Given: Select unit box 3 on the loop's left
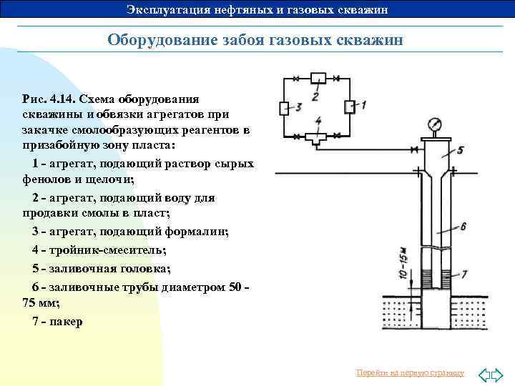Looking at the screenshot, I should [x=283, y=108].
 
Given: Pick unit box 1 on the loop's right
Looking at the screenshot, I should [x=349, y=107].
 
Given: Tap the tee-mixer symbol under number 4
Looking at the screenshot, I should [x=315, y=137].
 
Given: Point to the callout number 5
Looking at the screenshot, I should [x=460, y=150].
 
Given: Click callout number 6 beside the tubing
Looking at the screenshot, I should [x=463, y=227].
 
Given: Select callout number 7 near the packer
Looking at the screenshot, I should [x=464, y=274].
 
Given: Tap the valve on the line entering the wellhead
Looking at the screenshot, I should [x=416, y=150].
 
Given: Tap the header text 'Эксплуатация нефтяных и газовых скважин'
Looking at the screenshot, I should [x=257, y=9].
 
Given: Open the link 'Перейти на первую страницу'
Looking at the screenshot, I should [x=411, y=373].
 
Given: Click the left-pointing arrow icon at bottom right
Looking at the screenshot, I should [x=483, y=374].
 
